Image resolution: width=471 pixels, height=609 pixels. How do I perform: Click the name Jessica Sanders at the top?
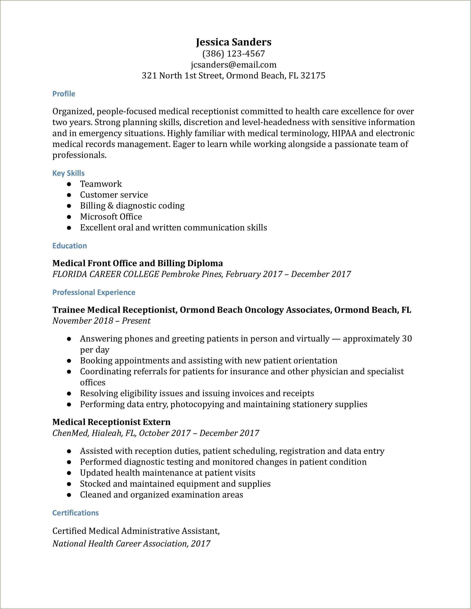click(x=233, y=42)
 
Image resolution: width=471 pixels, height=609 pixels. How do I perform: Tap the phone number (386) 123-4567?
click(x=233, y=54)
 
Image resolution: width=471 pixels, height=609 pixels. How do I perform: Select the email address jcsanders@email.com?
click(x=233, y=65)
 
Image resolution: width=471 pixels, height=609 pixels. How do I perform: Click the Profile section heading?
click(x=64, y=94)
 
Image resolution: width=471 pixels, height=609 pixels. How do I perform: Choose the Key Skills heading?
click(x=68, y=173)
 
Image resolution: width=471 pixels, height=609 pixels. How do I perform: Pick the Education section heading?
click(x=70, y=246)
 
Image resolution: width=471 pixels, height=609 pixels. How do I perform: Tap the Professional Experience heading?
click(x=94, y=292)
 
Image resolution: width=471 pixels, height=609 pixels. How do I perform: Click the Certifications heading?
click(x=76, y=513)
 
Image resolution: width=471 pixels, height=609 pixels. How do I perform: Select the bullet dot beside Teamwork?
click(x=69, y=184)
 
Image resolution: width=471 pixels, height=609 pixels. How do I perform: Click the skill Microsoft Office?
click(x=111, y=217)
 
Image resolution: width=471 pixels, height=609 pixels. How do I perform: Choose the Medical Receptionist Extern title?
click(x=111, y=422)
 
